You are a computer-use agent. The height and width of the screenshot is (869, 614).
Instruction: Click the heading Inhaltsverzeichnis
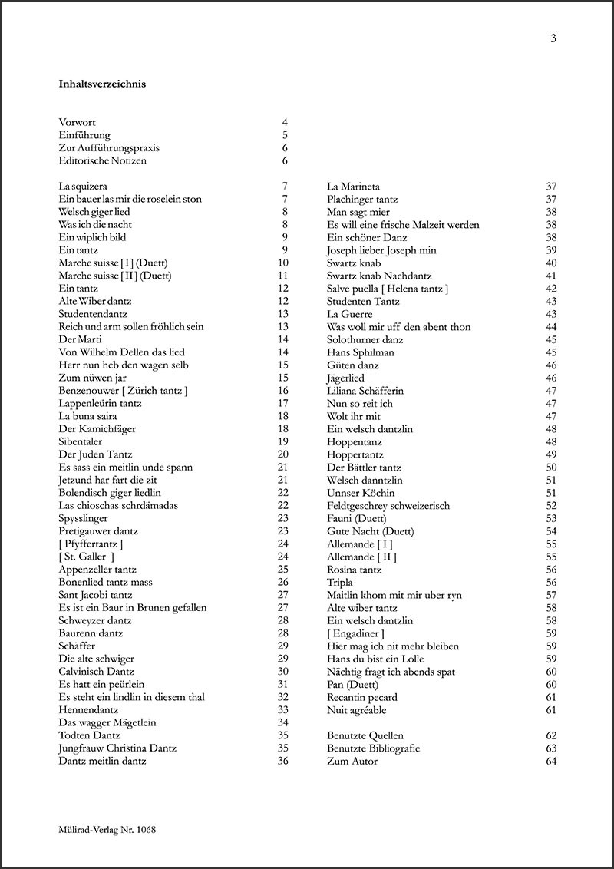coord(102,84)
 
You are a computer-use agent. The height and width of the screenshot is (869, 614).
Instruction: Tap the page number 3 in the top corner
coord(553,39)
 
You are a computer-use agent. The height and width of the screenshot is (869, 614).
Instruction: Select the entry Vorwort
coord(77,122)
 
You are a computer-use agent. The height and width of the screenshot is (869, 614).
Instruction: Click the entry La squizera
coord(82,186)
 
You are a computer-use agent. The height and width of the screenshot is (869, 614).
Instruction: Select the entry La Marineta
coord(353,186)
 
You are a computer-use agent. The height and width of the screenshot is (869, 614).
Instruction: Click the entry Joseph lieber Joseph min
coord(381,250)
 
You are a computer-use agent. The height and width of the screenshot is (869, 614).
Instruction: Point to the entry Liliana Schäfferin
coord(365,391)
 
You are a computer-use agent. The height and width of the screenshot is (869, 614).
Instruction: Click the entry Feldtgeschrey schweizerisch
coord(388,505)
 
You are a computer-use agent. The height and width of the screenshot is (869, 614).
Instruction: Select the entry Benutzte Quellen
coord(365,735)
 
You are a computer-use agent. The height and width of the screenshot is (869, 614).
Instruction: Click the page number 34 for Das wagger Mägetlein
coord(282,722)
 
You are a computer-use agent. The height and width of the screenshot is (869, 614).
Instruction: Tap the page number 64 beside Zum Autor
coord(551,761)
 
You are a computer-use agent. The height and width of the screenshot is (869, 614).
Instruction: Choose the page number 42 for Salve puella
coord(551,289)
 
